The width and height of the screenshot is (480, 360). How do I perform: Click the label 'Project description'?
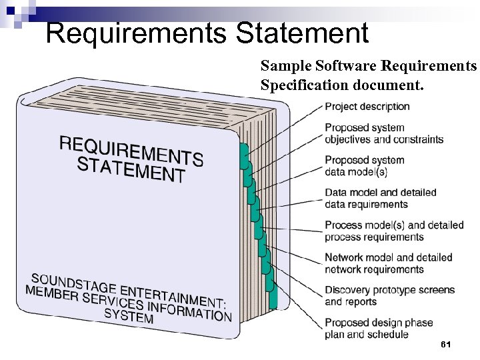367,107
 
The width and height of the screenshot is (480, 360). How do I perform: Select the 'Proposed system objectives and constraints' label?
384,133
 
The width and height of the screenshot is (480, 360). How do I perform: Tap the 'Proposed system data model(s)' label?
365,166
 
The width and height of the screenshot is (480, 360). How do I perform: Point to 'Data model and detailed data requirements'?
381,199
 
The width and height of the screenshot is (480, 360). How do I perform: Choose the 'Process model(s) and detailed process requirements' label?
394,231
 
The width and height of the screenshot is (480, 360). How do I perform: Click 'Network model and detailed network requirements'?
389,263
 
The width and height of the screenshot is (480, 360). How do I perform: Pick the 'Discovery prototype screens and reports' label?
389,296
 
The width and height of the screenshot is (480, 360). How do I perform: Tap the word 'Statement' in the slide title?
302,33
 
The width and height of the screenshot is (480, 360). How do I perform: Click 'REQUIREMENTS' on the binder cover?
131,150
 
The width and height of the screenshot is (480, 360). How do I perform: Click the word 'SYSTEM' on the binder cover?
129,315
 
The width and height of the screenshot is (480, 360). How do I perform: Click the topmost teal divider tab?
244,153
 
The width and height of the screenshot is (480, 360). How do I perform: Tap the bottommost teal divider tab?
272,298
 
